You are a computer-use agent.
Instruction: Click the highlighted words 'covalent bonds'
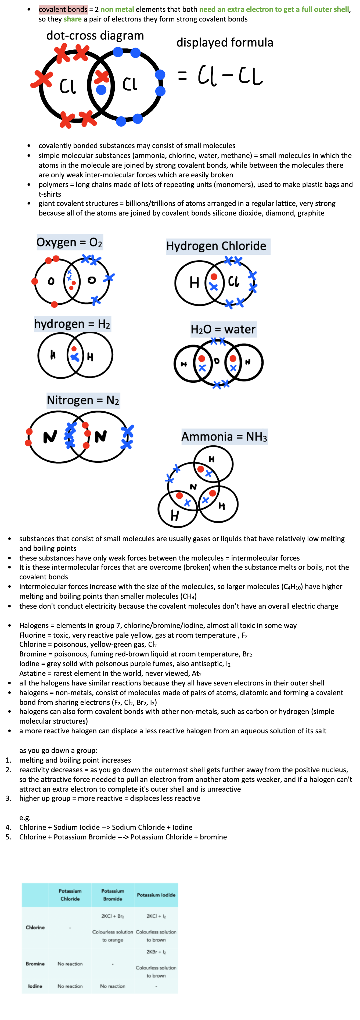63,9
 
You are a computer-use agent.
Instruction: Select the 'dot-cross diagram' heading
95,36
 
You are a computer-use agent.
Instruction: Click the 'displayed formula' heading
225,42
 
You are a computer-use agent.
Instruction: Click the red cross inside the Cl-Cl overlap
102,77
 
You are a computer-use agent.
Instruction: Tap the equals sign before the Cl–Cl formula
182,75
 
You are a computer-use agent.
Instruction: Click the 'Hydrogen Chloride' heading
216,246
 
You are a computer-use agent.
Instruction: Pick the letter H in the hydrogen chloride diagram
194,282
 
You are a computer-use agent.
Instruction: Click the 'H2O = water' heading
223,329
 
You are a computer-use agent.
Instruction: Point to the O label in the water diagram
217,361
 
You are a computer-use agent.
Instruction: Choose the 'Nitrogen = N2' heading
83,400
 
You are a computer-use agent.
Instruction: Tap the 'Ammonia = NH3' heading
224,436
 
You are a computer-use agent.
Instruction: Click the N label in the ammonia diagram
193,487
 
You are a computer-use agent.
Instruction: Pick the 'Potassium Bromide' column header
113,895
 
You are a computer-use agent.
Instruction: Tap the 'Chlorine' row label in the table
35,927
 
